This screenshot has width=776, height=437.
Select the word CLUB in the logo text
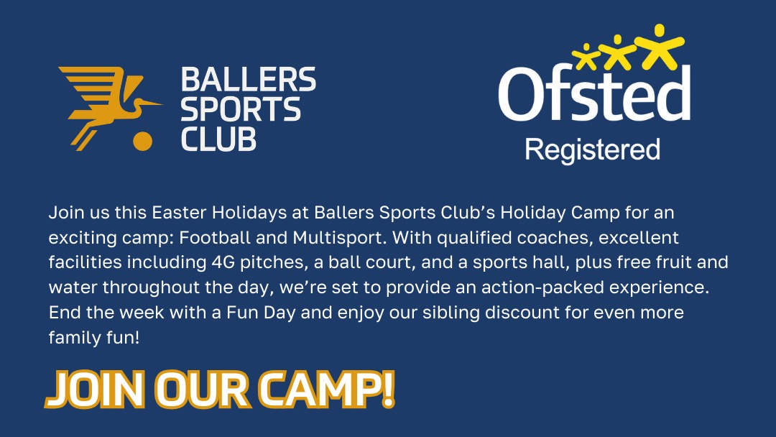coord(218,138)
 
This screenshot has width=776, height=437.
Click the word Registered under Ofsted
coord(592,149)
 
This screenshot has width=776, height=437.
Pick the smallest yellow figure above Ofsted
coord(586,57)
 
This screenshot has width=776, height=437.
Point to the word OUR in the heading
coord(200,390)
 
